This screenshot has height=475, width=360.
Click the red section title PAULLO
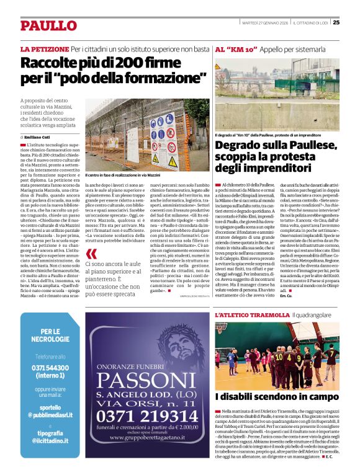(x=48, y=25)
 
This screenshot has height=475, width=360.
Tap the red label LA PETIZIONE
(x=44, y=48)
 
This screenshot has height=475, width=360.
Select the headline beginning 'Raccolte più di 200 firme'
(x=114, y=71)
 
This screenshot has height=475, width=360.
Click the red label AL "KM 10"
(x=236, y=48)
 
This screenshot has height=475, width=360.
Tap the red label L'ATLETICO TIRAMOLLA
(x=251, y=316)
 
